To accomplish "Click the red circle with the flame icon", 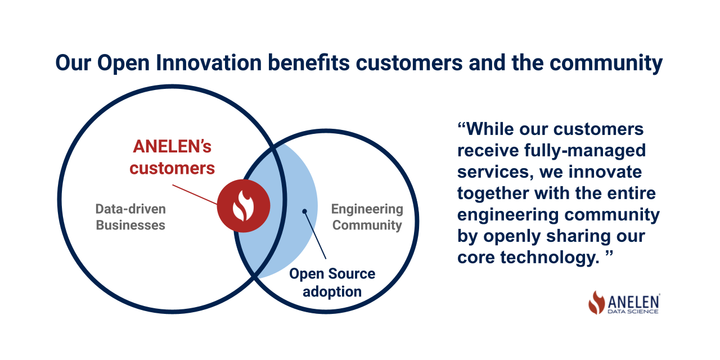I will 244,206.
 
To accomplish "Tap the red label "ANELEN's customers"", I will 172,157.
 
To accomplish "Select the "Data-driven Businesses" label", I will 130,217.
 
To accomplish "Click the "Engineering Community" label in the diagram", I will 367,217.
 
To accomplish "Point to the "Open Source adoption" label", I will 332,282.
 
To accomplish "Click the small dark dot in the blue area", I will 304,211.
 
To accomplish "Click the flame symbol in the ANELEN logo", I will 596,303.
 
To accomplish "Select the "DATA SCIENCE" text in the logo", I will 633,311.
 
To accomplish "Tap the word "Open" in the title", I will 124,63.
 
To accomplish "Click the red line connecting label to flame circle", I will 195,194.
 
